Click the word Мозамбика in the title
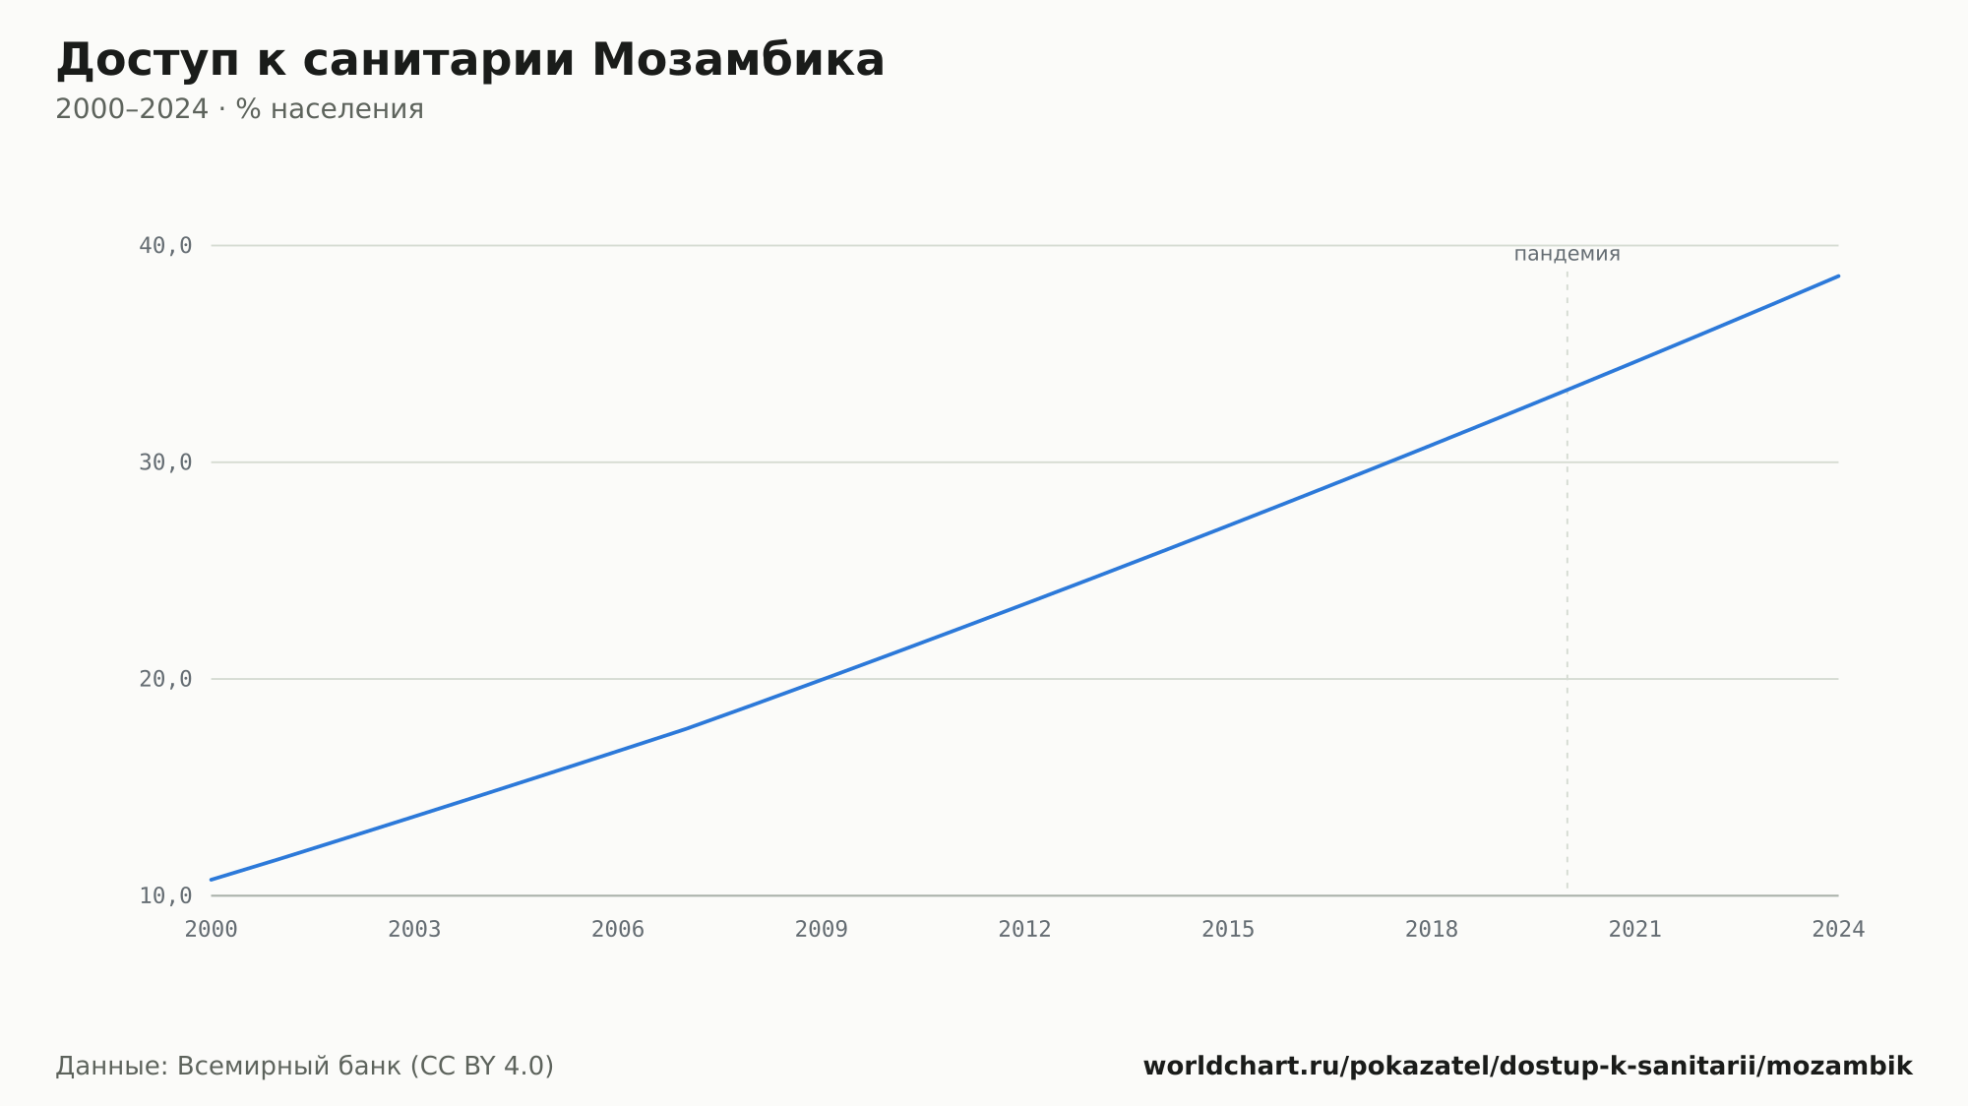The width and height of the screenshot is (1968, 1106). click(738, 60)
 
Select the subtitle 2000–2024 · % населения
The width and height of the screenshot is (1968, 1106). click(239, 109)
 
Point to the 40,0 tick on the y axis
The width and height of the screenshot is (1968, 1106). click(165, 246)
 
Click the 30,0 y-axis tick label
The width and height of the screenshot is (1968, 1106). click(165, 462)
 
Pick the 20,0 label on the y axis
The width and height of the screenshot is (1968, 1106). click(165, 679)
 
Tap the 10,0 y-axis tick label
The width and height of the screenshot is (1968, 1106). click(165, 895)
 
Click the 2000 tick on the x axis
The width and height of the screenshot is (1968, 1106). click(211, 930)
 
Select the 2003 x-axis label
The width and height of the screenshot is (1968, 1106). click(414, 930)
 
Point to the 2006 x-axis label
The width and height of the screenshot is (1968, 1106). click(618, 930)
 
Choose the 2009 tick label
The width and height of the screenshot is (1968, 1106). click(822, 930)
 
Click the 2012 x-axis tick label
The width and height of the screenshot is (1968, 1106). click(1024, 930)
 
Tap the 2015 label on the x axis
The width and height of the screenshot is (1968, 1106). click(1228, 930)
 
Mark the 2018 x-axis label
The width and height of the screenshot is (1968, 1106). click(1432, 930)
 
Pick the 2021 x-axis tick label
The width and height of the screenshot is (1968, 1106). click(1635, 930)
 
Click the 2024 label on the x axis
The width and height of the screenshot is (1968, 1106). click(1838, 930)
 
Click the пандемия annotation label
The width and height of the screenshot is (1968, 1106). click(1567, 254)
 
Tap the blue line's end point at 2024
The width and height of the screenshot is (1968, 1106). click(1838, 276)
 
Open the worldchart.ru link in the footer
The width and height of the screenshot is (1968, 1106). click(1527, 1067)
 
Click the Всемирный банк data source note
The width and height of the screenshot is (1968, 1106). click(305, 1067)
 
